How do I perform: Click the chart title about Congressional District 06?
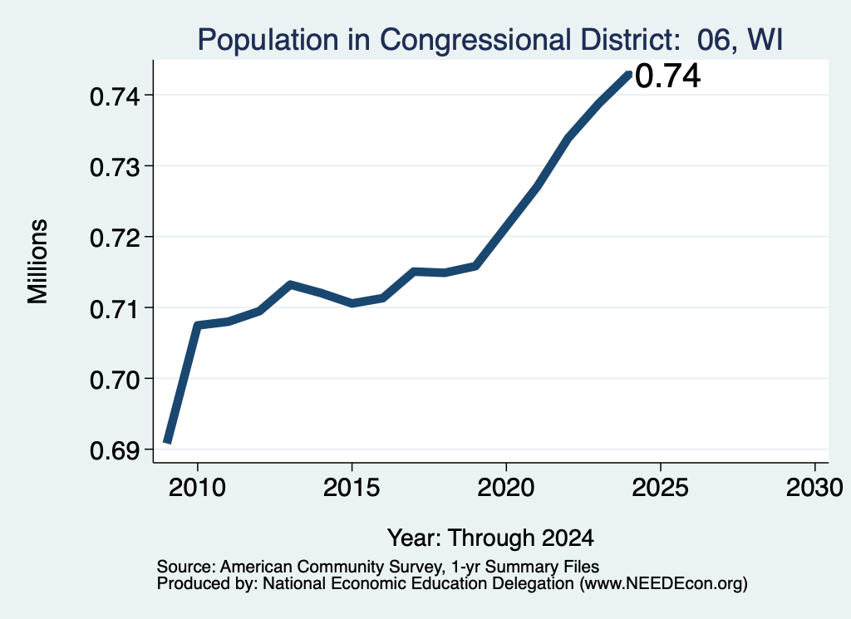[x=490, y=40]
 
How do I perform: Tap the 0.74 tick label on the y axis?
[x=115, y=97]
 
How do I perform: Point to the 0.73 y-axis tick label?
[x=115, y=168]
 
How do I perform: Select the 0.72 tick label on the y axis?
[x=115, y=238]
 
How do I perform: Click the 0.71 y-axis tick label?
[x=115, y=309]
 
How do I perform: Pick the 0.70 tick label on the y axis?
[x=115, y=380]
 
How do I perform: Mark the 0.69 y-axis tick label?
[x=115, y=450]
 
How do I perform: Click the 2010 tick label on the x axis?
[x=197, y=488]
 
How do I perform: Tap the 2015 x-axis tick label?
[x=352, y=488]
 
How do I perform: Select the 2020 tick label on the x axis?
[x=506, y=488]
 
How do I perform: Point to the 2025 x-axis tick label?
[x=661, y=488]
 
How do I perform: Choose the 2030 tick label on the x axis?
[x=814, y=488]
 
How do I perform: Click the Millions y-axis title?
[x=37, y=262]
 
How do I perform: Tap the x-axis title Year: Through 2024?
[x=490, y=538]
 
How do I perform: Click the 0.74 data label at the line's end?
[x=667, y=76]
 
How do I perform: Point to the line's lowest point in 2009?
[x=168, y=442]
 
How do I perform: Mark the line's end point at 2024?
[x=629, y=74]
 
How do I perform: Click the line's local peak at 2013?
[x=290, y=283]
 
